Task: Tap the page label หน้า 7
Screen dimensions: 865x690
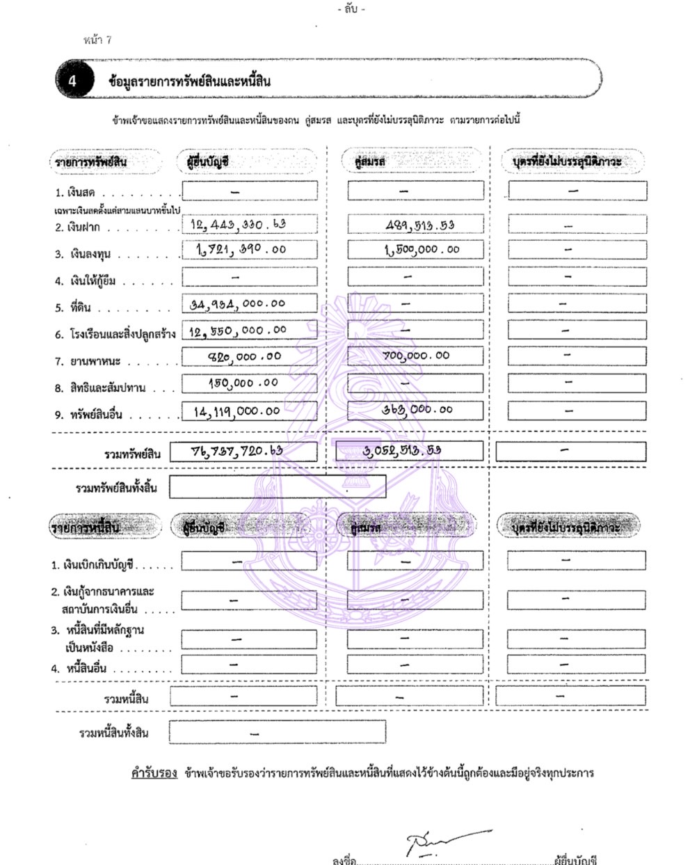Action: pos(97,40)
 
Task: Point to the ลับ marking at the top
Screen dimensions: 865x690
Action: pos(351,9)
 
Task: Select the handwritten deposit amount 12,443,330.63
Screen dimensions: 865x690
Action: pos(239,224)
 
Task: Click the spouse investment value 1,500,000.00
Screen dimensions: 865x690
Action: pos(422,249)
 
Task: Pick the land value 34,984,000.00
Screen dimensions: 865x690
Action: pos(238,303)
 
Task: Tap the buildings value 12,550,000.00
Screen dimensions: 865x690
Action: pos(238,330)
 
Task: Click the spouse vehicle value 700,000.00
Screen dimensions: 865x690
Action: pos(417,356)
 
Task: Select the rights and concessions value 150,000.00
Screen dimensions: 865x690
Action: pos(243,383)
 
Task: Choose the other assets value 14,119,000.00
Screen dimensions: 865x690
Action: pos(237,411)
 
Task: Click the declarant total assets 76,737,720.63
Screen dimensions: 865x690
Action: pos(237,450)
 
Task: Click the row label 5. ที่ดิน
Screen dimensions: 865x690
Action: pos(74,308)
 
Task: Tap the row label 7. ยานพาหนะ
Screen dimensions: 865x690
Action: pos(88,361)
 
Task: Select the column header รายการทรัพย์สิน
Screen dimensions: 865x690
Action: pos(91,162)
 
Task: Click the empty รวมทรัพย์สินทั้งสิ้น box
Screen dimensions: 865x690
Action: pos(278,487)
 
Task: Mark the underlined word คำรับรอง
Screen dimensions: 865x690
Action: pos(154,773)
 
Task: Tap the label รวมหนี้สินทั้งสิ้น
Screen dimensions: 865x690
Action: pos(113,733)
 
